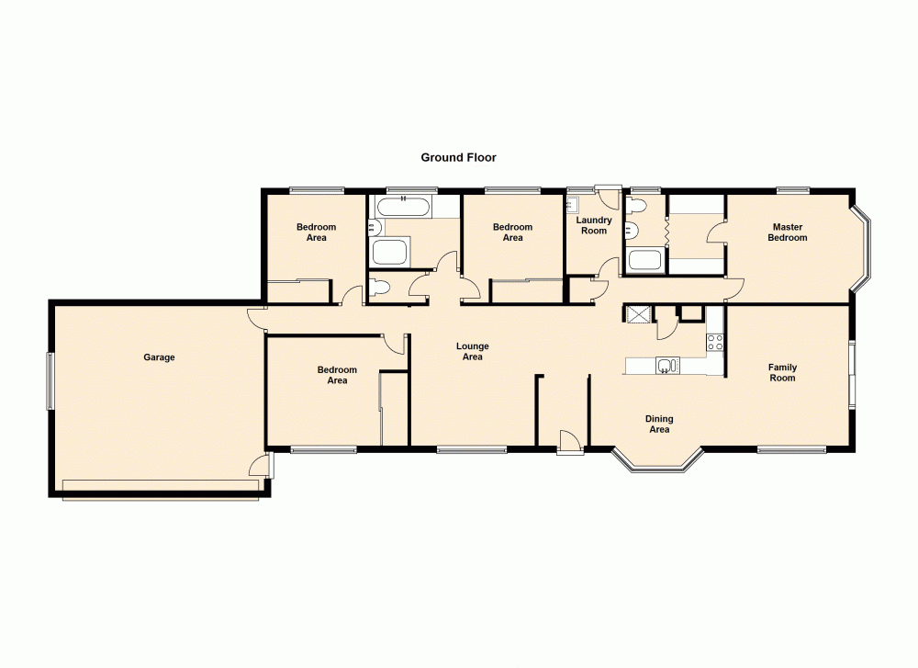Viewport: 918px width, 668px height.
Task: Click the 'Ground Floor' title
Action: pyautogui.click(x=458, y=157)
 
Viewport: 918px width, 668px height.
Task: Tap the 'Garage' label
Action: pyautogui.click(x=159, y=357)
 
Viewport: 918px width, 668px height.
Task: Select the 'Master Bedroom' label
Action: pyautogui.click(x=788, y=232)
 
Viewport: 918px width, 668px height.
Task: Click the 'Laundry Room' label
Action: pyautogui.click(x=594, y=225)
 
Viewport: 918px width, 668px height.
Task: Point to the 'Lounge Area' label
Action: pyautogui.click(x=473, y=352)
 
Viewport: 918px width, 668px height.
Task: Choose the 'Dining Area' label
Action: pyautogui.click(x=659, y=424)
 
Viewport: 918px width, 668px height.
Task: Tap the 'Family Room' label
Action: pyautogui.click(x=782, y=372)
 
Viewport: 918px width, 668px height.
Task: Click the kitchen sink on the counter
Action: pyautogui.click(x=666, y=366)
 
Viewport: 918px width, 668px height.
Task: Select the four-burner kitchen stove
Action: pyautogui.click(x=714, y=343)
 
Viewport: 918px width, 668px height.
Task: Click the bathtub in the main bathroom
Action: pyautogui.click(x=405, y=207)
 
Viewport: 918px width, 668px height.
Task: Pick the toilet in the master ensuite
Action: pyautogui.click(x=632, y=229)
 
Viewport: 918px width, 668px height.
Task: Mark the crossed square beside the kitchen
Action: pyautogui.click(x=637, y=314)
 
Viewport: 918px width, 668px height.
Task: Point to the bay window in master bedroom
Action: pyautogui.click(x=866, y=246)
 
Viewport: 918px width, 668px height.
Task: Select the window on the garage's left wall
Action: pyautogui.click(x=50, y=380)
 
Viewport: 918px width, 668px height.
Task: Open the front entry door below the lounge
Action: pyautogui.click(x=569, y=444)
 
